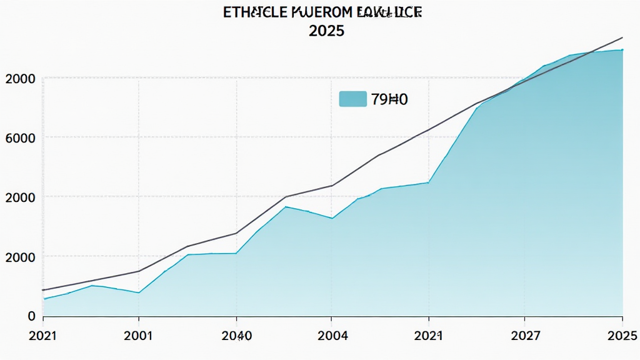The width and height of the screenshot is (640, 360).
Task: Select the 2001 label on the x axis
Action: [x=139, y=336]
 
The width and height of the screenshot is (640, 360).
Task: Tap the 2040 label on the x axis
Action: [x=237, y=336]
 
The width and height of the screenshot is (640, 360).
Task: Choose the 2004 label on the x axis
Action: [x=332, y=336]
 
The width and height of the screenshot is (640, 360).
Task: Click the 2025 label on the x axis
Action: [x=622, y=336]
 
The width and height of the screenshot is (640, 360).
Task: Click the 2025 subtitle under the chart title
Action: [x=326, y=31]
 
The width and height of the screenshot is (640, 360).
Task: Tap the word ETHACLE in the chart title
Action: [x=253, y=12]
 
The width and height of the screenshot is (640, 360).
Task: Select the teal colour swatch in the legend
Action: [x=352, y=98]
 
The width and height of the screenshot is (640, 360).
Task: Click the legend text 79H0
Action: [x=389, y=98]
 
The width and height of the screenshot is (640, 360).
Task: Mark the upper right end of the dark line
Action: [x=622, y=37]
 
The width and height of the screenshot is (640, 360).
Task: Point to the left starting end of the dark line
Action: [x=42, y=290]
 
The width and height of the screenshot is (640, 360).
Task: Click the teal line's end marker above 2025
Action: [x=622, y=49]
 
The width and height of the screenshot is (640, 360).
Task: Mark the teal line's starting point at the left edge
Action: [x=44, y=299]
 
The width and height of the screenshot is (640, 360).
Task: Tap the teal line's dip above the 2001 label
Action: [x=139, y=292]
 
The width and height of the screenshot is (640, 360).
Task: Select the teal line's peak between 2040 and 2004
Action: [x=286, y=206]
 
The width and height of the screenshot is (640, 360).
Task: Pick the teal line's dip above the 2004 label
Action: [x=332, y=218]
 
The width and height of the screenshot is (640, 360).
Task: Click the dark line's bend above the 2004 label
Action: [x=332, y=186]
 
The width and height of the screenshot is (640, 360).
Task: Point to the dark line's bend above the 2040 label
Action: [x=236, y=233]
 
